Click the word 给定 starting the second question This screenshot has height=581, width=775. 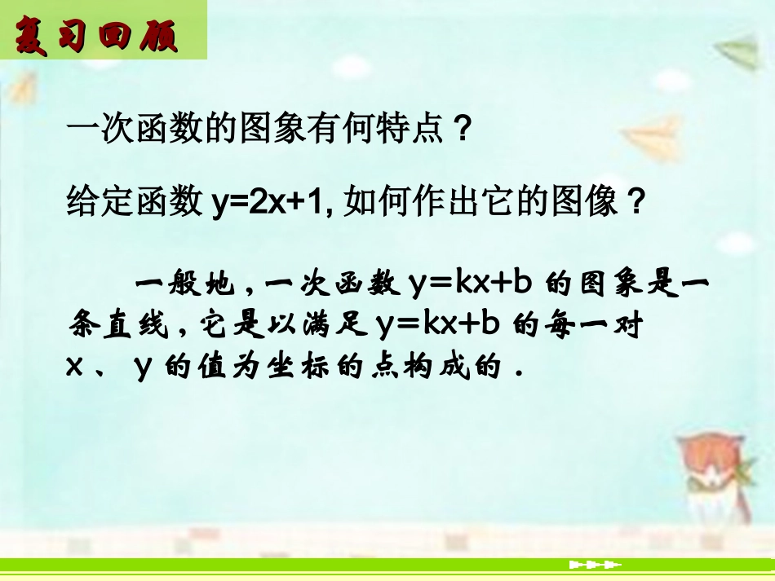(91, 200)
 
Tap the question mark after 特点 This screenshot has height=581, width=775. (464, 129)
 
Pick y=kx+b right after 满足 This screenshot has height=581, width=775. (438, 325)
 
